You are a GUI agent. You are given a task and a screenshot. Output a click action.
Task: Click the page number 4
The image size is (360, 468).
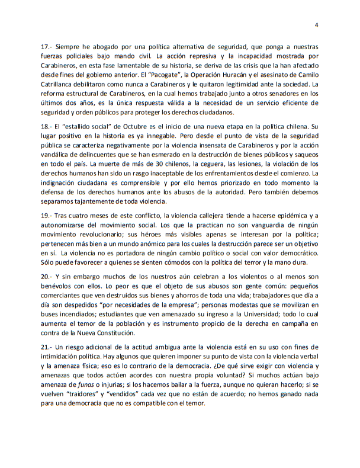tap(316, 25)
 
